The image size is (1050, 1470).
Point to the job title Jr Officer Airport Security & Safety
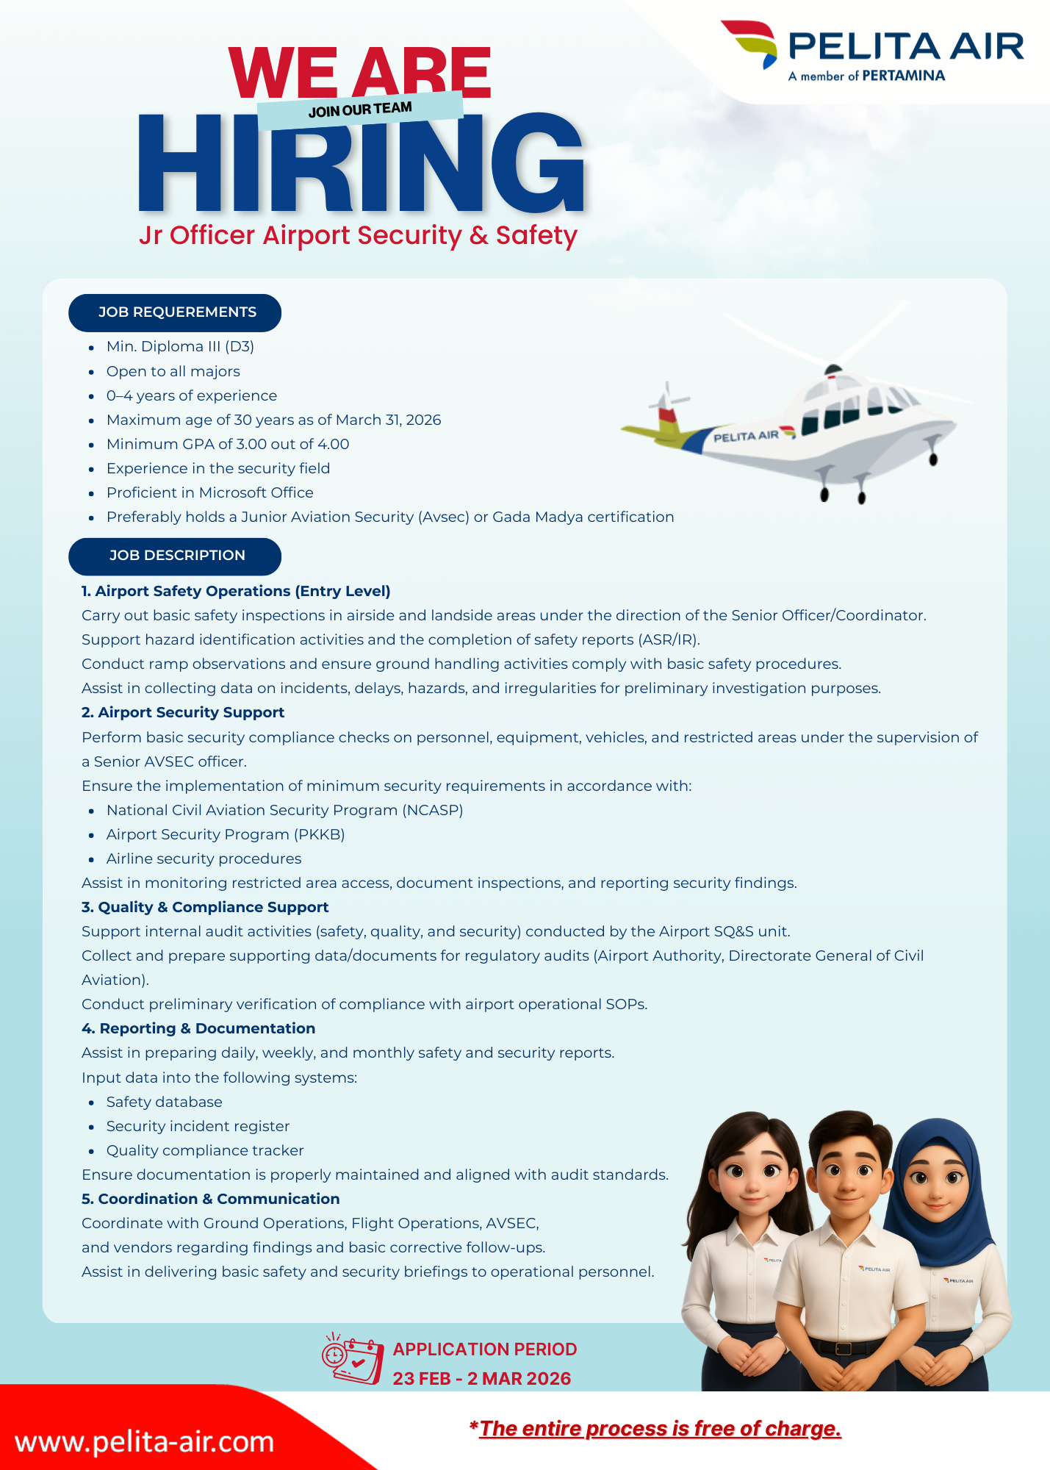coord(358,235)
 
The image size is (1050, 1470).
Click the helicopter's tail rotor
coord(667,402)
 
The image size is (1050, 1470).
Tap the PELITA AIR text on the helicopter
coord(746,437)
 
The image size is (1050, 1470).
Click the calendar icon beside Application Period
coord(353,1359)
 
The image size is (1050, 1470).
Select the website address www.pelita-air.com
coord(144,1441)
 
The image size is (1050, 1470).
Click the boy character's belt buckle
coord(843,1348)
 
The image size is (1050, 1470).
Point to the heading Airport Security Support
coord(190,712)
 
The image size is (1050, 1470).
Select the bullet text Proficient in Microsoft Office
coord(209,492)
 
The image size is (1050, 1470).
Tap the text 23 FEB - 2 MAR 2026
coord(481,1378)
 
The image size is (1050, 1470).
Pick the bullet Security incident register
coord(198,1126)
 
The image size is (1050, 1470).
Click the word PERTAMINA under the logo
coord(903,76)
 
